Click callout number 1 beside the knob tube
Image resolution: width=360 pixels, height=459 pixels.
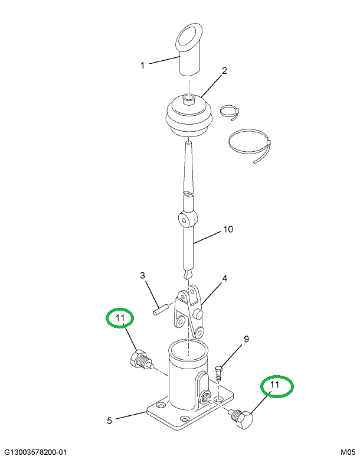click(x=142, y=66)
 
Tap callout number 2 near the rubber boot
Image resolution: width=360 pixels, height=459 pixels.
click(x=224, y=71)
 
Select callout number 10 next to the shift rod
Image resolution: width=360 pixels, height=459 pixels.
click(x=228, y=229)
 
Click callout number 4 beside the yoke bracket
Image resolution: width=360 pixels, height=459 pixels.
click(x=224, y=278)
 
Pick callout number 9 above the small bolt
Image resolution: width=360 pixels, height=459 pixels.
click(x=246, y=339)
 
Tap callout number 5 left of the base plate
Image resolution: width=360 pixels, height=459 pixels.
click(x=109, y=421)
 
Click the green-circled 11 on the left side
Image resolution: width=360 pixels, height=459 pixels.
click(x=120, y=318)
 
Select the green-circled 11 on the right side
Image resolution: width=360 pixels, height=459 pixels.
click(x=277, y=386)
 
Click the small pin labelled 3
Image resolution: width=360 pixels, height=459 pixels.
click(x=160, y=310)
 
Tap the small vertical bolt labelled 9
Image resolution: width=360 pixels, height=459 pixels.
click(x=218, y=373)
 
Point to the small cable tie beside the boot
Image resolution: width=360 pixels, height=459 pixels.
click(x=230, y=112)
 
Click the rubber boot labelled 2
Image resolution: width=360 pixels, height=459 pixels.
click(x=189, y=117)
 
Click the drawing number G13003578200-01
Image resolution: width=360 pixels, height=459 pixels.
click(x=35, y=453)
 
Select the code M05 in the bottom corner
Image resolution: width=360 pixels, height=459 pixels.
click(x=348, y=453)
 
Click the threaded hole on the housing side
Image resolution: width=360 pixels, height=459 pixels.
click(x=205, y=398)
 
